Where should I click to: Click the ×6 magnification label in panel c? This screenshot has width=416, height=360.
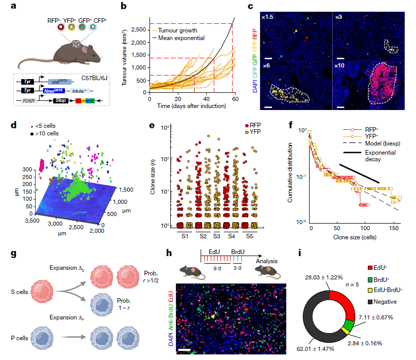(x=268, y=66)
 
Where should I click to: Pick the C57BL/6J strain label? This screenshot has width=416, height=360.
(x=95, y=80)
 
